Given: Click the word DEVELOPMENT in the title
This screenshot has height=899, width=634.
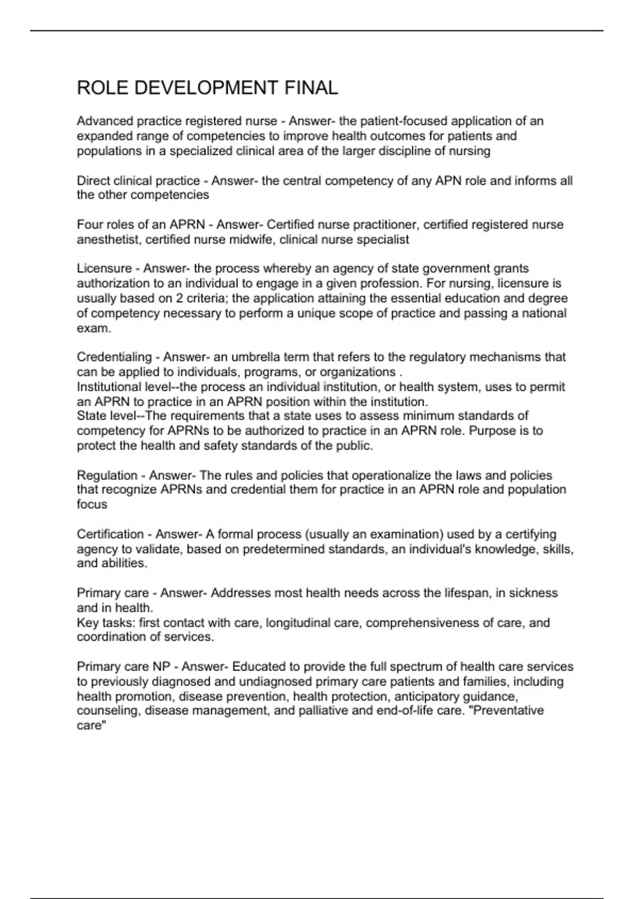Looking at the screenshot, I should pyautogui.click(x=207, y=88).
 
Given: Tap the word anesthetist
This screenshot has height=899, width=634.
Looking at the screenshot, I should pyautogui.click(x=108, y=240).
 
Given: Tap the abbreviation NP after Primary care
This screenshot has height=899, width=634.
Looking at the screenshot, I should pyautogui.click(x=162, y=666).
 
